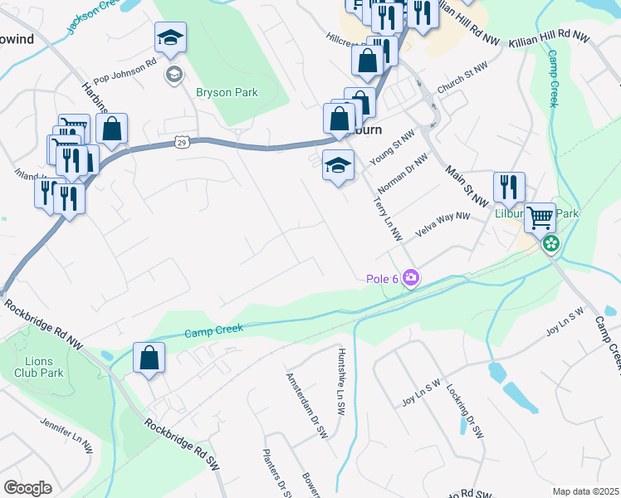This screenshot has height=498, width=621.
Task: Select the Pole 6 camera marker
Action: tap(410, 278)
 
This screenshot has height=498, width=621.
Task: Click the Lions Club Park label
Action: tap(39, 367)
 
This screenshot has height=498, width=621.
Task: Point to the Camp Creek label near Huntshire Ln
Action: tap(213, 330)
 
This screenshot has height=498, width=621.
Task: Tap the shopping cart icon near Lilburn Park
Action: tap(540, 218)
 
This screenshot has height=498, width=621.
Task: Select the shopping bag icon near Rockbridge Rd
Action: tap(149, 359)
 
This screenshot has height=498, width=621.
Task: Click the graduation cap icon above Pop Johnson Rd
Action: tap(170, 38)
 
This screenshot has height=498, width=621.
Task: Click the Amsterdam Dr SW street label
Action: tap(307, 405)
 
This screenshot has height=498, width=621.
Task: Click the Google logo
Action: tap(27, 488)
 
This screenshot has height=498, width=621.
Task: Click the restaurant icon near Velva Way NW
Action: tap(507, 188)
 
